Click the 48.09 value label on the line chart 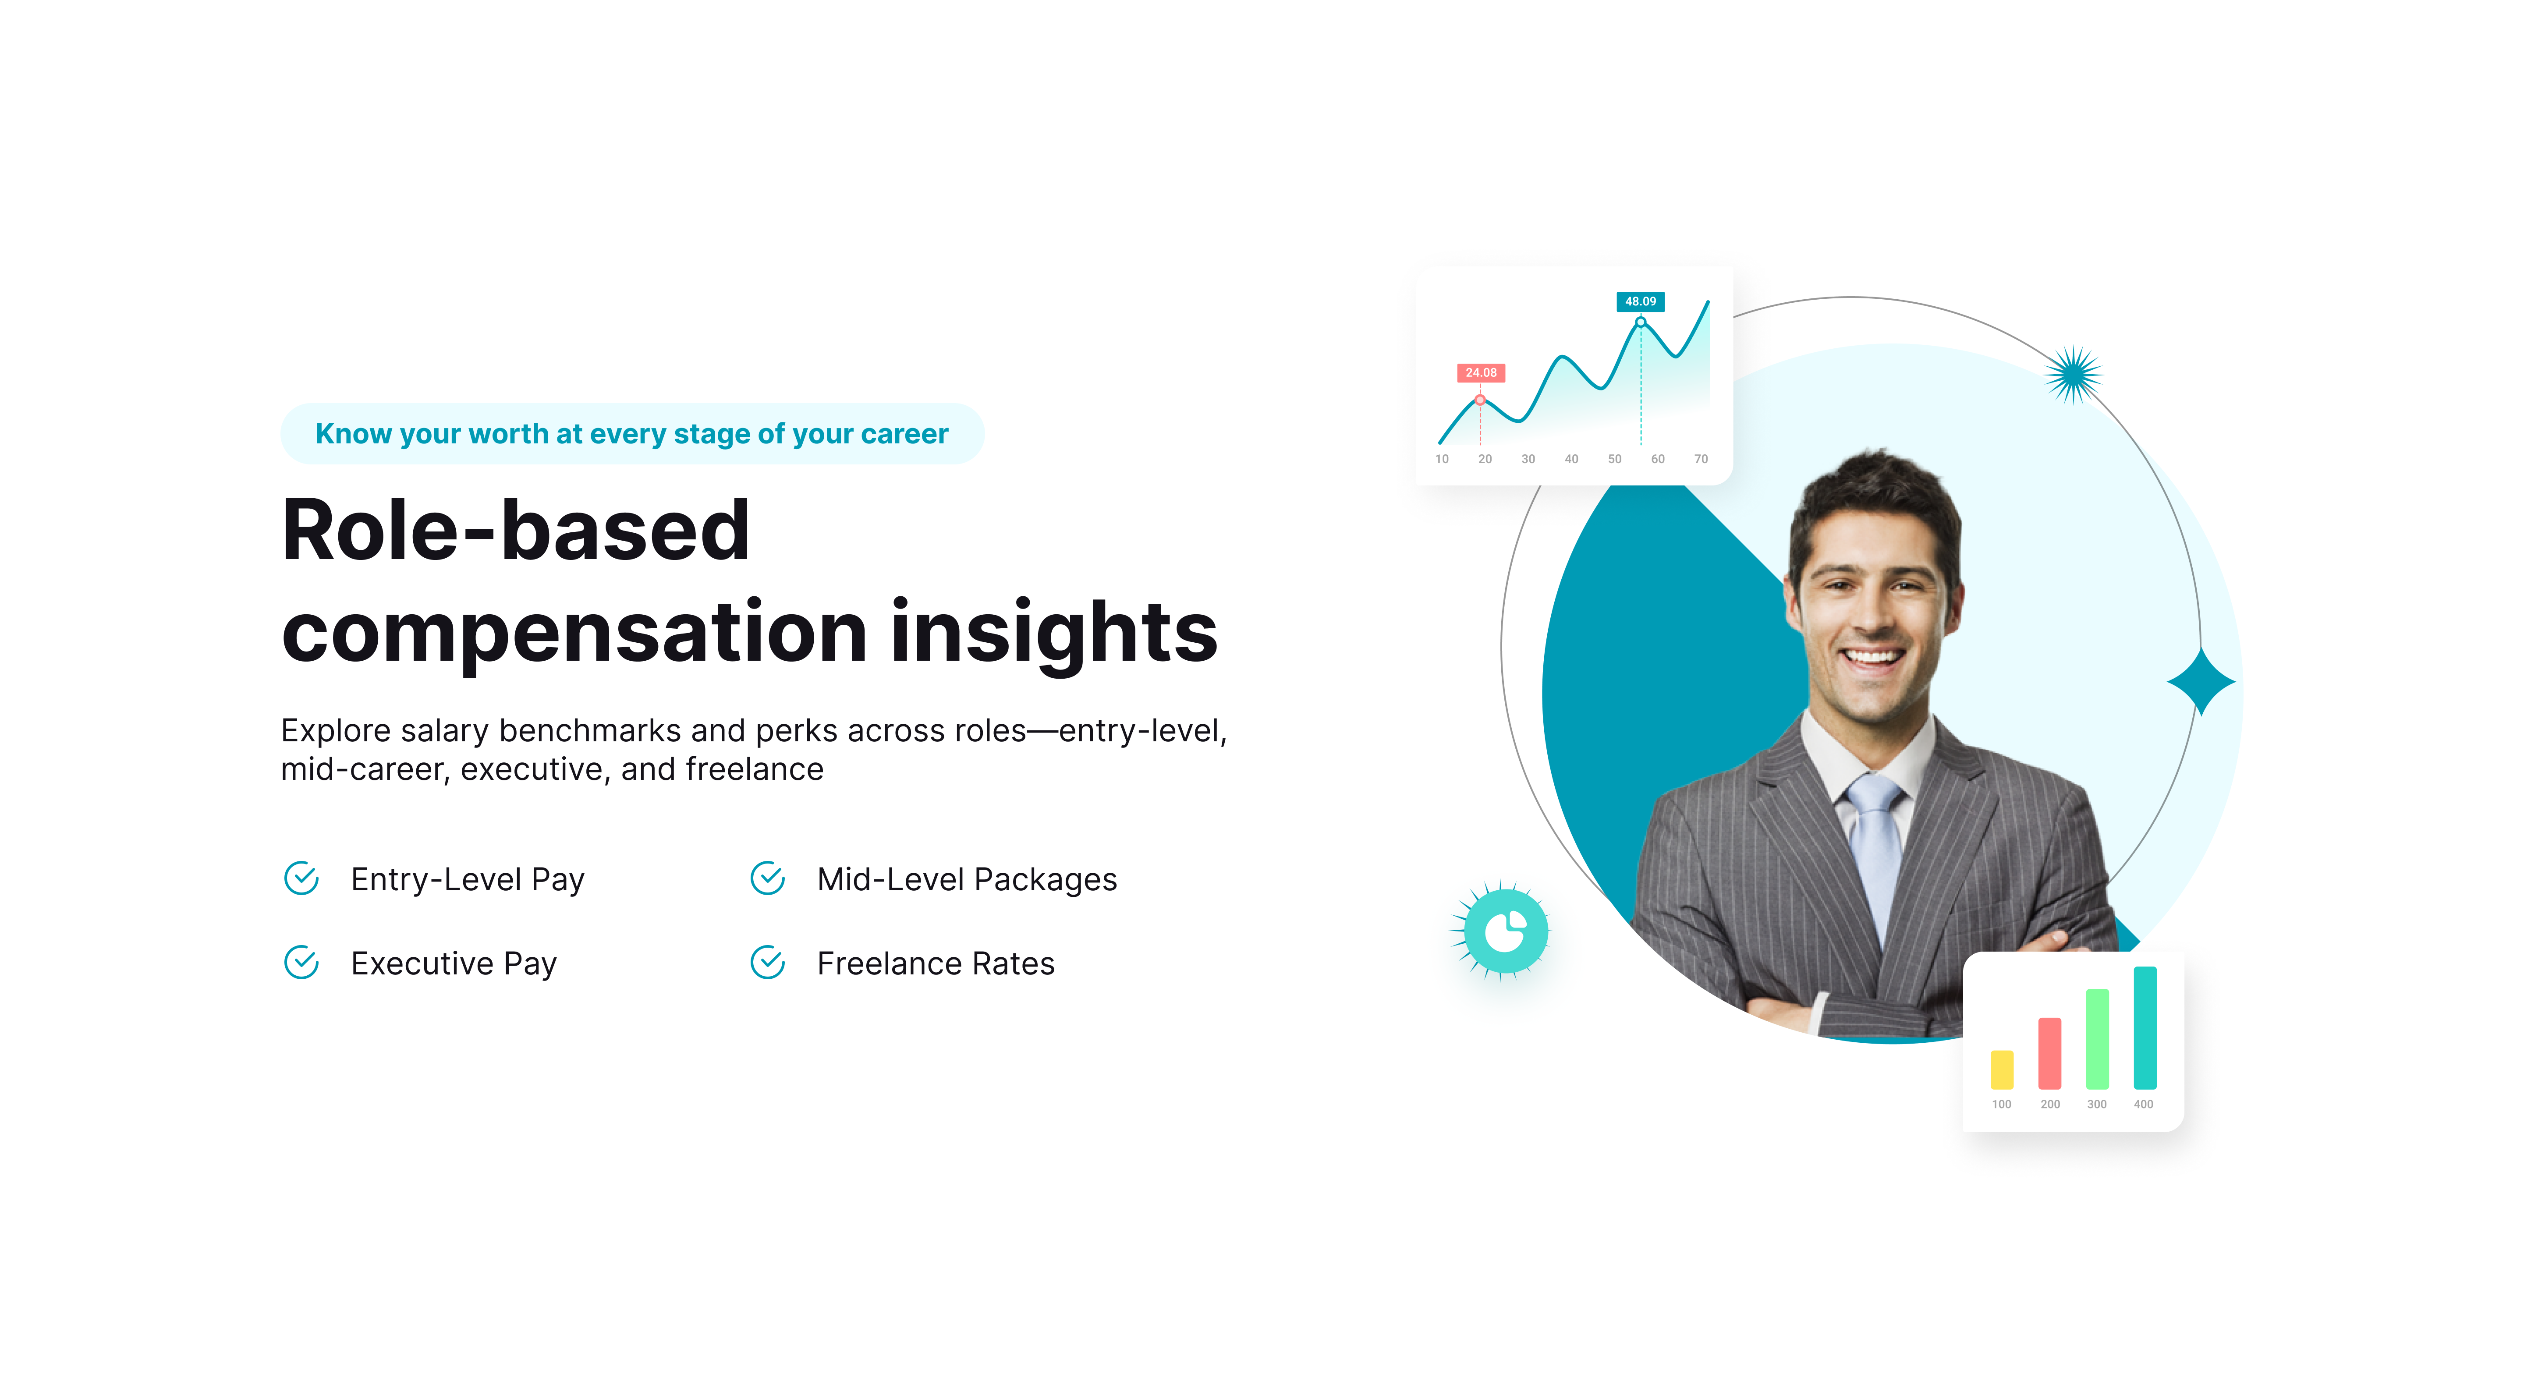(1640, 302)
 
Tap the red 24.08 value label (1481, 373)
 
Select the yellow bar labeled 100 (2002, 1069)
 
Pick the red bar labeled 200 (2050, 1053)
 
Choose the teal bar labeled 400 (2145, 1027)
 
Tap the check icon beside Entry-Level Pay (301, 878)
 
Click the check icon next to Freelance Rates (767, 963)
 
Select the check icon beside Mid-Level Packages (767, 878)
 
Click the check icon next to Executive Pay (301, 963)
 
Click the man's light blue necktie (1873, 852)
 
